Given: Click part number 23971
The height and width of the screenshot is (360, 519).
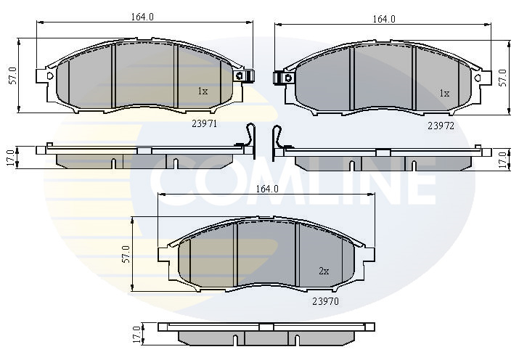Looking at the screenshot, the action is [x=204, y=123].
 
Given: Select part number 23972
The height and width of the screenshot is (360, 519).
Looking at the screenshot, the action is [x=441, y=126].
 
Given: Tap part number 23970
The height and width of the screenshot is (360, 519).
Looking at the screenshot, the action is [x=326, y=301].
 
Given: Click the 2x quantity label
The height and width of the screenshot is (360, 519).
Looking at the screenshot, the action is [x=324, y=271].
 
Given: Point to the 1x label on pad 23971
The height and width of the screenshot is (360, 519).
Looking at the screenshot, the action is [x=203, y=91].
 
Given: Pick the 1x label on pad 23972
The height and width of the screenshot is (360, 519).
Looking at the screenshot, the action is [x=444, y=94].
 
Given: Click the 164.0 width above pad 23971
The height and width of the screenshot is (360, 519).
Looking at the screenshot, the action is [x=142, y=17].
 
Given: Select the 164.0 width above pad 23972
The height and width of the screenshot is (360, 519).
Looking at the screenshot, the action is [x=384, y=19].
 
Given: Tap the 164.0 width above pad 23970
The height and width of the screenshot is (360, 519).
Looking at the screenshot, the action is [x=267, y=189].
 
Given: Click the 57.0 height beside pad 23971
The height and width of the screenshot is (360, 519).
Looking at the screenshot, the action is [x=12, y=75].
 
